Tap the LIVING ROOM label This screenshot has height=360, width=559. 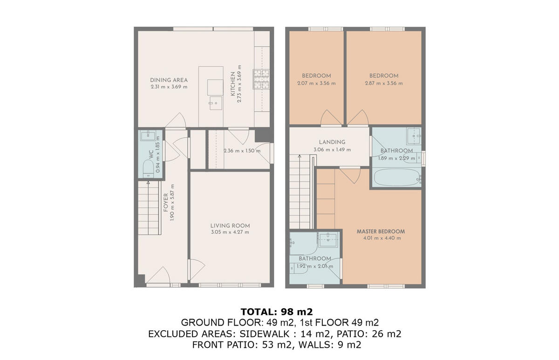pyautogui.click(x=230, y=225)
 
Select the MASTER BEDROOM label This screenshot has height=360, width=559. pyautogui.click(x=381, y=231)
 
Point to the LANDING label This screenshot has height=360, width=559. pyautogui.click(x=332, y=142)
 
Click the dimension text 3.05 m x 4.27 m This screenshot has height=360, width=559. pyautogui.click(x=230, y=232)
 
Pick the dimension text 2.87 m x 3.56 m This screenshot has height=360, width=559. pyautogui.click(x=384, y=83)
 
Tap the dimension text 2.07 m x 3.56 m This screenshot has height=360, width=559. pyautogui.click(x=316, y=83)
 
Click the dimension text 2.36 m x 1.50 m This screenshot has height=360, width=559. pyautogui.click(x=242, y=151)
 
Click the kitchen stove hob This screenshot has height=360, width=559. pyautogui.click(x=259, y=79)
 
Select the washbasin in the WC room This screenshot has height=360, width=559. pyautogui.click(x=149, y=136)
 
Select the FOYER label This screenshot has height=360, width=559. pyautogui.click(x=166, y=203)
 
